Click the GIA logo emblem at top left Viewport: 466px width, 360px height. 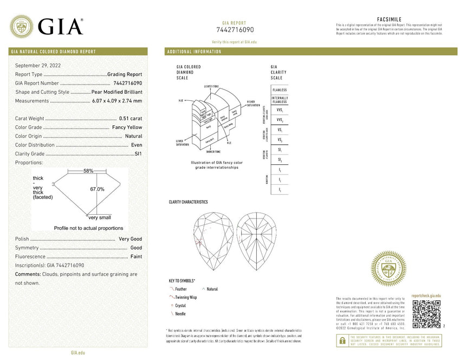click(x=22, y=26)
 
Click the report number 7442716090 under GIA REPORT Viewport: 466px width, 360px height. click(x=235, y=30)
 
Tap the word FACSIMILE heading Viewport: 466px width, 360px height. click(x=389, y=20)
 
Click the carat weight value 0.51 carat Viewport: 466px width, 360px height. click(x=130, y=118)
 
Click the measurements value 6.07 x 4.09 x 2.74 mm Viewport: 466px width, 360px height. click(x=117, y=101)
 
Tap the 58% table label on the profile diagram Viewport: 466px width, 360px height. click(x=88, y=171)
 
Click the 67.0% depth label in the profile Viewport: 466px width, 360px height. click(x=98, y=189)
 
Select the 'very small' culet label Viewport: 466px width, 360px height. click(x=100, y=217)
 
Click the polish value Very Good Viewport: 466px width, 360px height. click(x=130, y=239)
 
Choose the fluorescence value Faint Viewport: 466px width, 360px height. click(x=136, y=256)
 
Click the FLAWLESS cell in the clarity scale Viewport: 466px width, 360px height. click(x=280, y=89)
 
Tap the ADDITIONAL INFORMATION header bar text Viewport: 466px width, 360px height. click(x=195, y=52)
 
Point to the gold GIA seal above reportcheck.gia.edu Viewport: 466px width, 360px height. click(x=388, y=268)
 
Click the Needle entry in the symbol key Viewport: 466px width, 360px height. click(x=180, y=314)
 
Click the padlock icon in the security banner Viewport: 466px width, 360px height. click(x=342, y=341)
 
